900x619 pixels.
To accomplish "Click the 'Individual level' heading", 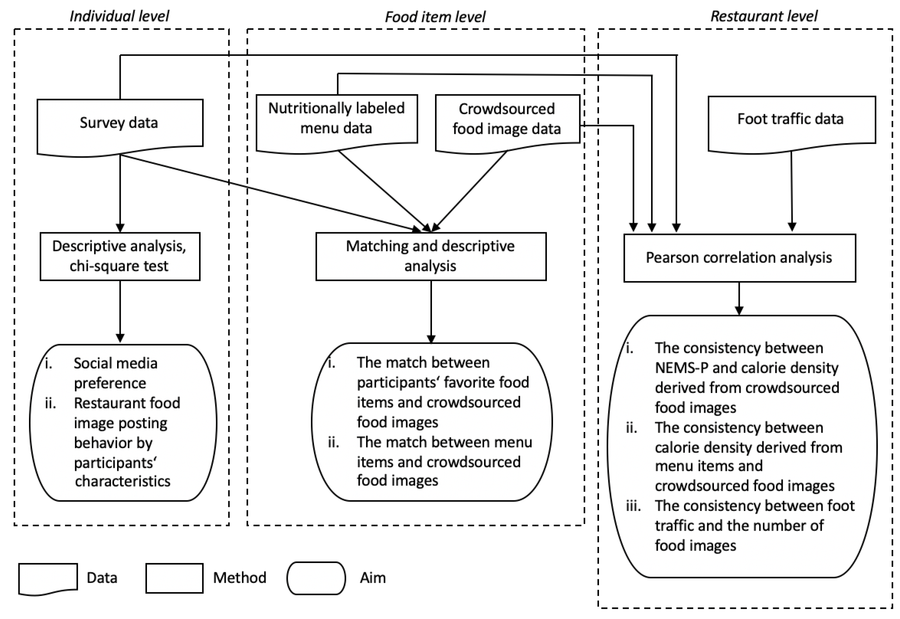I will coord(119,16).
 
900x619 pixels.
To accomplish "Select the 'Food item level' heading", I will coord(434,17).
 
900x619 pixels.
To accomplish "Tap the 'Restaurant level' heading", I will coord(764,16).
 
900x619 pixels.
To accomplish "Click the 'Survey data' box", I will coord(120,123).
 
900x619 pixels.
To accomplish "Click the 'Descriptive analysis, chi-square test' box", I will coord(120,256).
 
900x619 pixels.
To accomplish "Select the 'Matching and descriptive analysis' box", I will coord(431,256).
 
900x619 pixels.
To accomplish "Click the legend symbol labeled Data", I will coord(48,578).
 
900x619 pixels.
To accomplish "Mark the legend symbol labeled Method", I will coord(174,578).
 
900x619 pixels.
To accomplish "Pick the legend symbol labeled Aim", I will coord(316,578).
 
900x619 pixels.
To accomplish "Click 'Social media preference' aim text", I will coord(115,373).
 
